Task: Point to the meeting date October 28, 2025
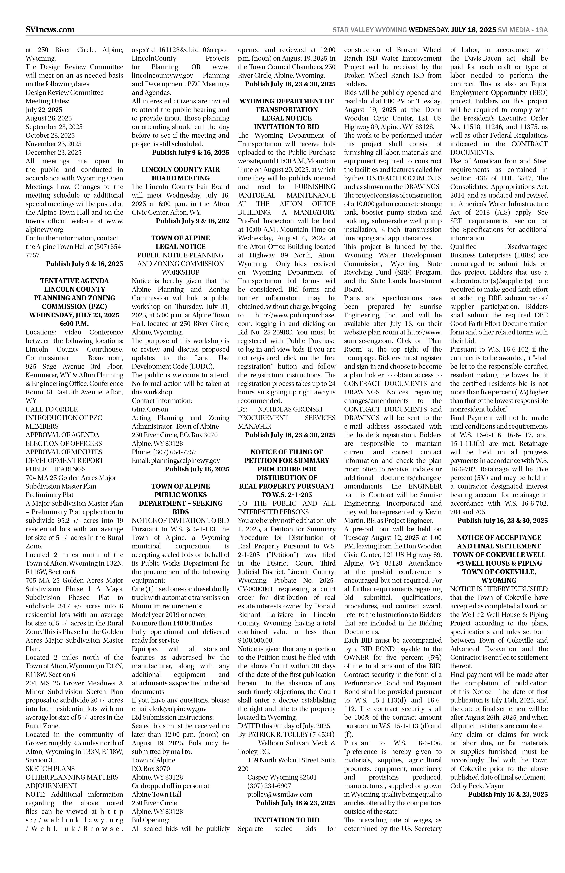[x=50, y=135]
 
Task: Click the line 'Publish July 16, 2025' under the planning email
[x=197, y=469]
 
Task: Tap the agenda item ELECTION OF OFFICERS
[x=64, y=444]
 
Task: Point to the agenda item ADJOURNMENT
[x=51, y=786]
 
